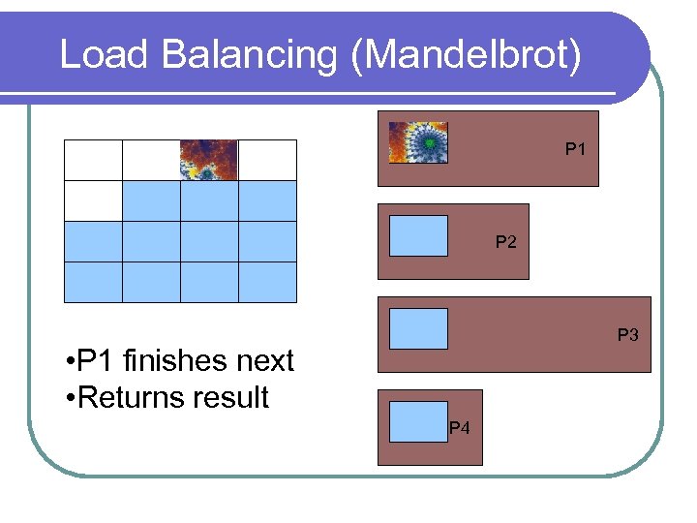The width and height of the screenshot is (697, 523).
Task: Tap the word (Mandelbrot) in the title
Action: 469,55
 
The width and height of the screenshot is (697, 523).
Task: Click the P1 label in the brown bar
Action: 576,150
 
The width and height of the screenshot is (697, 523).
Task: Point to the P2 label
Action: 506,242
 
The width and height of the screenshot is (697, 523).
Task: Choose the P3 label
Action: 628,335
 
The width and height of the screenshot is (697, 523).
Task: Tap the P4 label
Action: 460,428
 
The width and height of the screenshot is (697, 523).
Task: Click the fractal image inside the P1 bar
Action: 418,142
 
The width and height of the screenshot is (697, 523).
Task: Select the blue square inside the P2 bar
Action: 418,235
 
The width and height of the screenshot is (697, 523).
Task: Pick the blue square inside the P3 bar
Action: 418,328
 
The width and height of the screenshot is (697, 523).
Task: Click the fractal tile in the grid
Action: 209,160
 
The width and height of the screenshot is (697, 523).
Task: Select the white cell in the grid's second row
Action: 93,200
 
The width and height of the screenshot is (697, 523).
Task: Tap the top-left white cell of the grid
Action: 93,160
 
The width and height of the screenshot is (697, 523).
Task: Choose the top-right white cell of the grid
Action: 267,160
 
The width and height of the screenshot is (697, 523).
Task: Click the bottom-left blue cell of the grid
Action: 93,282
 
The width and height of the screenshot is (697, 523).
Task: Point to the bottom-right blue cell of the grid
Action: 267,282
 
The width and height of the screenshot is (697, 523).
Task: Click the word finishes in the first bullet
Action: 176,361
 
